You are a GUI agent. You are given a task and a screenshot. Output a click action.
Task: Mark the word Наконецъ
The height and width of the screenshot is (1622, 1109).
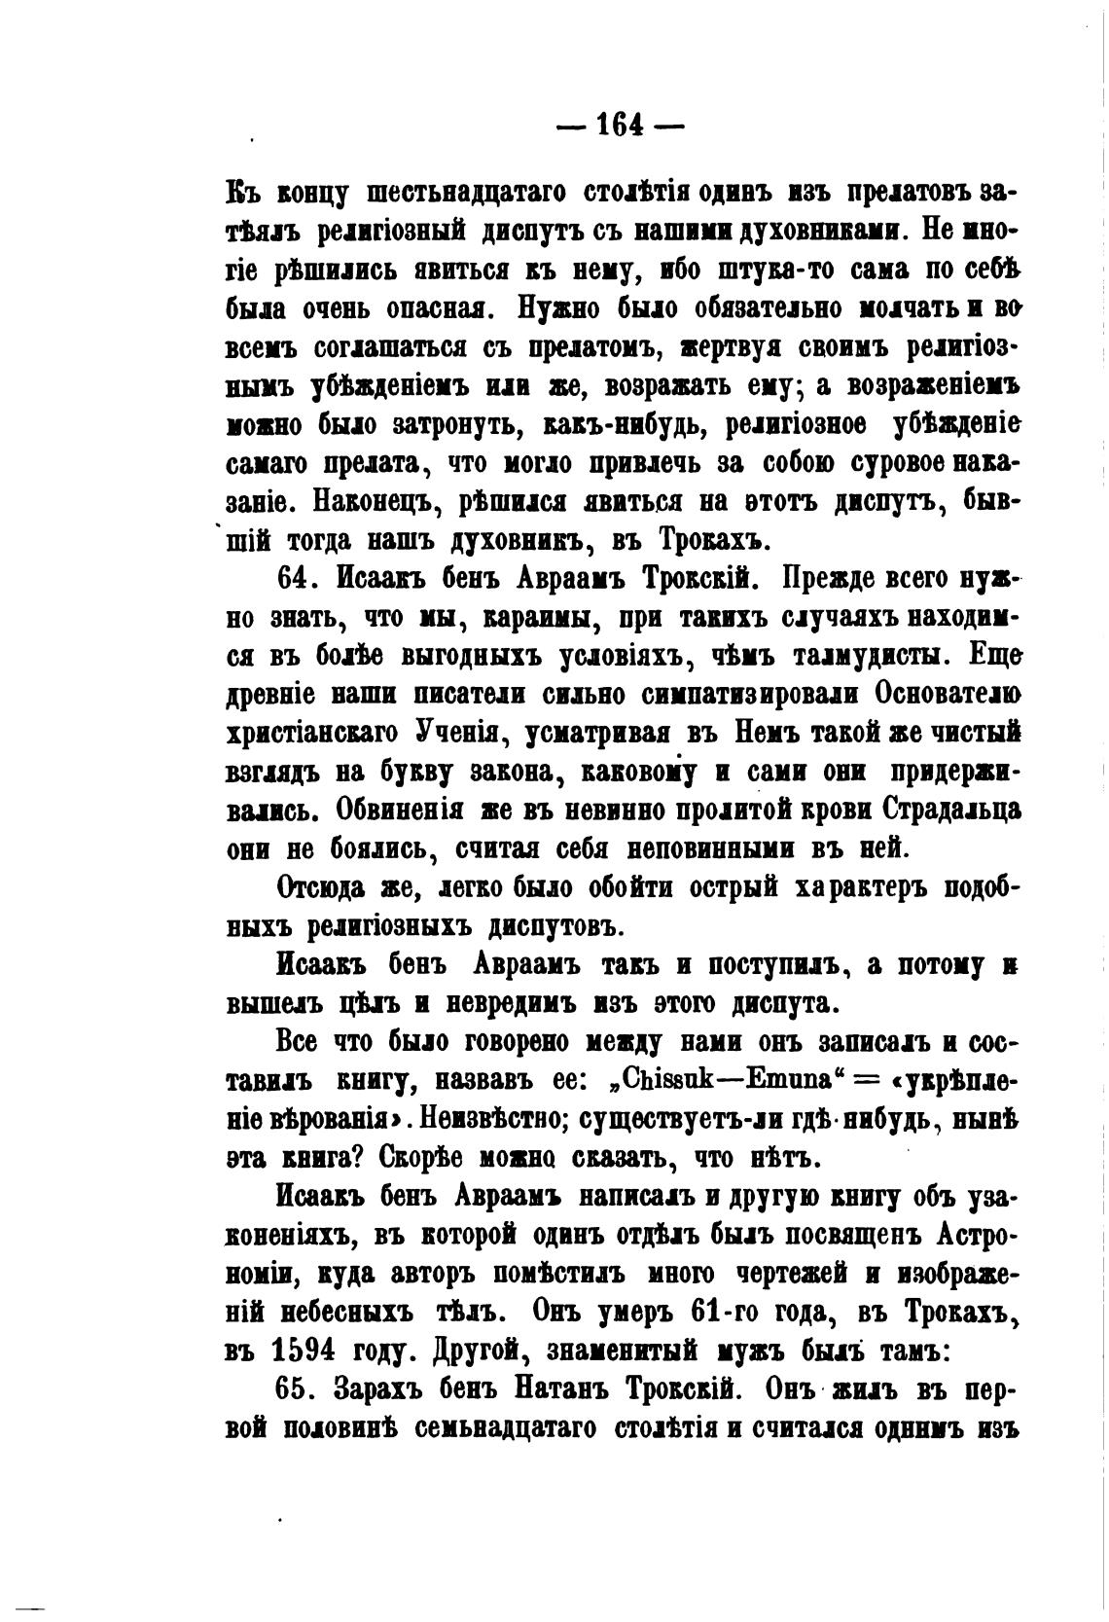(x=376, y=503)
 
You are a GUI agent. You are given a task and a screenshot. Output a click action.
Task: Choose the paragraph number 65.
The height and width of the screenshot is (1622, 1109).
(x=298, y=1388)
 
